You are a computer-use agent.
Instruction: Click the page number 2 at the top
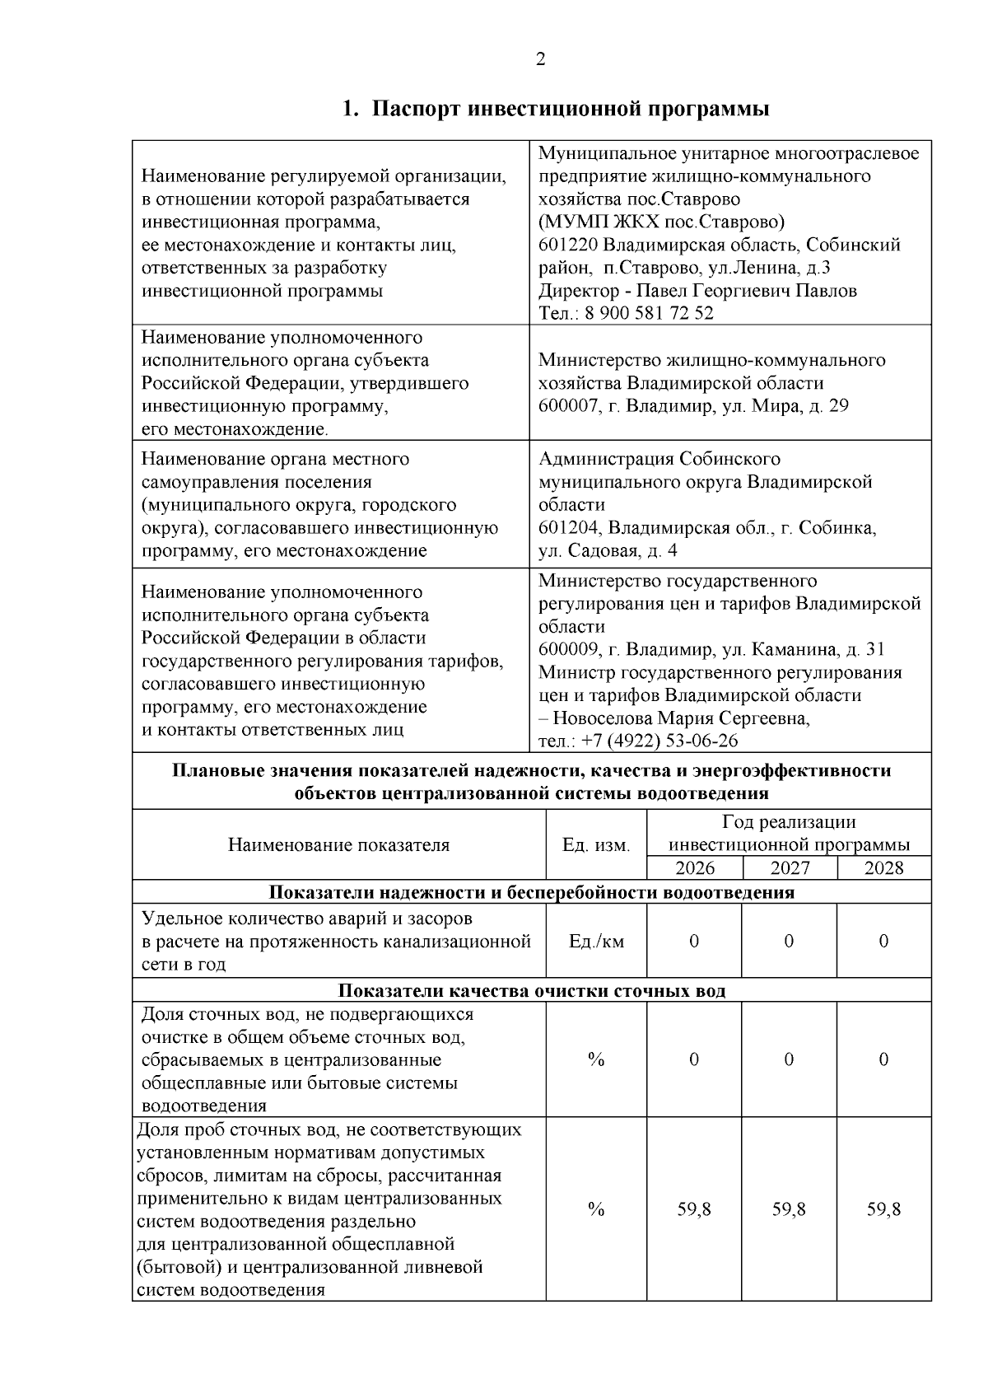pos(540,59)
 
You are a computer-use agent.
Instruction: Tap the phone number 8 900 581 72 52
pos(650,313)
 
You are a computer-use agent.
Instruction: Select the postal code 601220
pos(568,245)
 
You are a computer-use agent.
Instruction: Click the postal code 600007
pos(568,405)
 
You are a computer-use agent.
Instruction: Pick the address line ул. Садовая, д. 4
pos(608,550)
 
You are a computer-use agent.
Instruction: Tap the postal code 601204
pos(568,528)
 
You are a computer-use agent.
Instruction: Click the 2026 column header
pos(695,868)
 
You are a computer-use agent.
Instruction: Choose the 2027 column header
pos(790,868)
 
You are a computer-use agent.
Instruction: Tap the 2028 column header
pos(884,868)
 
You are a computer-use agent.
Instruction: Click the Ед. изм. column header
pos(596,845)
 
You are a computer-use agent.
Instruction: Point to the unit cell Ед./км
pos(596,941)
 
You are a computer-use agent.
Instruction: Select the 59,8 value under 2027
pos(789,1209)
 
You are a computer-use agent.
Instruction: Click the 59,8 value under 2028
pos(884,1209)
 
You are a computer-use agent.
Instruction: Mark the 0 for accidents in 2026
pos(694,941)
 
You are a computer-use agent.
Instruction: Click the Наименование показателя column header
pos(339,845)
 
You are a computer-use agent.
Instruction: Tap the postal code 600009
pos(568,650)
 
